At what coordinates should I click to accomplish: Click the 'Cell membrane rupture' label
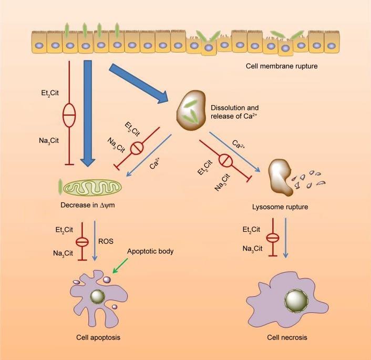tap(282, 67)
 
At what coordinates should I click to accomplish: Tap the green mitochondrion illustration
tap(97, 186)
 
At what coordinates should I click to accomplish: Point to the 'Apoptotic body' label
tap(150, 251)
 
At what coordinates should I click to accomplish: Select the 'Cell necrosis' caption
tap(286, 337)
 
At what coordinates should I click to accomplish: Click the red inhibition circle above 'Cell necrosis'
tap(272, 238)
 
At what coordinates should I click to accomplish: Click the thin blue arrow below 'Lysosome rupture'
tap(285, 237)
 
